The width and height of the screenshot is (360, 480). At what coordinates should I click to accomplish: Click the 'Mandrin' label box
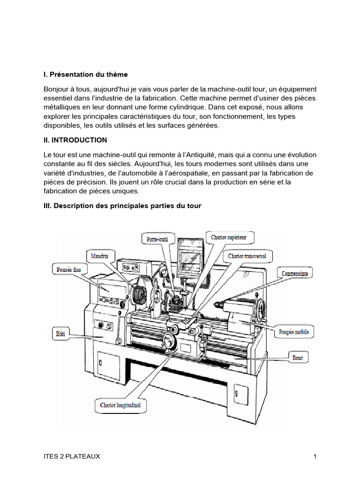pyautogui.click(x=100, y=256)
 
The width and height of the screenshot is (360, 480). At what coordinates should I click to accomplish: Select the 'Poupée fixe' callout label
pyautogui.click(x=69, y=270)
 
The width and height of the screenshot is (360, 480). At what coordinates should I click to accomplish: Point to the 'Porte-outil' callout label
pyautogui.click(x=157, y=239)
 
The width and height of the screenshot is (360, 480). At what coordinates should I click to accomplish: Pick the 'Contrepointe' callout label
pyautogui.click(x=295, y=273)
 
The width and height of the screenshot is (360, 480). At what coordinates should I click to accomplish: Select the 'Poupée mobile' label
pyautogui.click(x=294, y=332)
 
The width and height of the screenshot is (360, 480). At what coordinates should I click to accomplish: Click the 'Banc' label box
pyautogui.click(x=298, y=358)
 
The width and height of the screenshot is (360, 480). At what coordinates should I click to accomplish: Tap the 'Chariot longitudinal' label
pyautogui.click(x=120, y=405)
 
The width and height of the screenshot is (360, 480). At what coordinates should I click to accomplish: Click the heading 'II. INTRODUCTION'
pyautogui.click(x=75, y=140)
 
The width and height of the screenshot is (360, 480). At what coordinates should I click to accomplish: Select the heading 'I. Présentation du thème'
pyautogui.click(x=86, y=75)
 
